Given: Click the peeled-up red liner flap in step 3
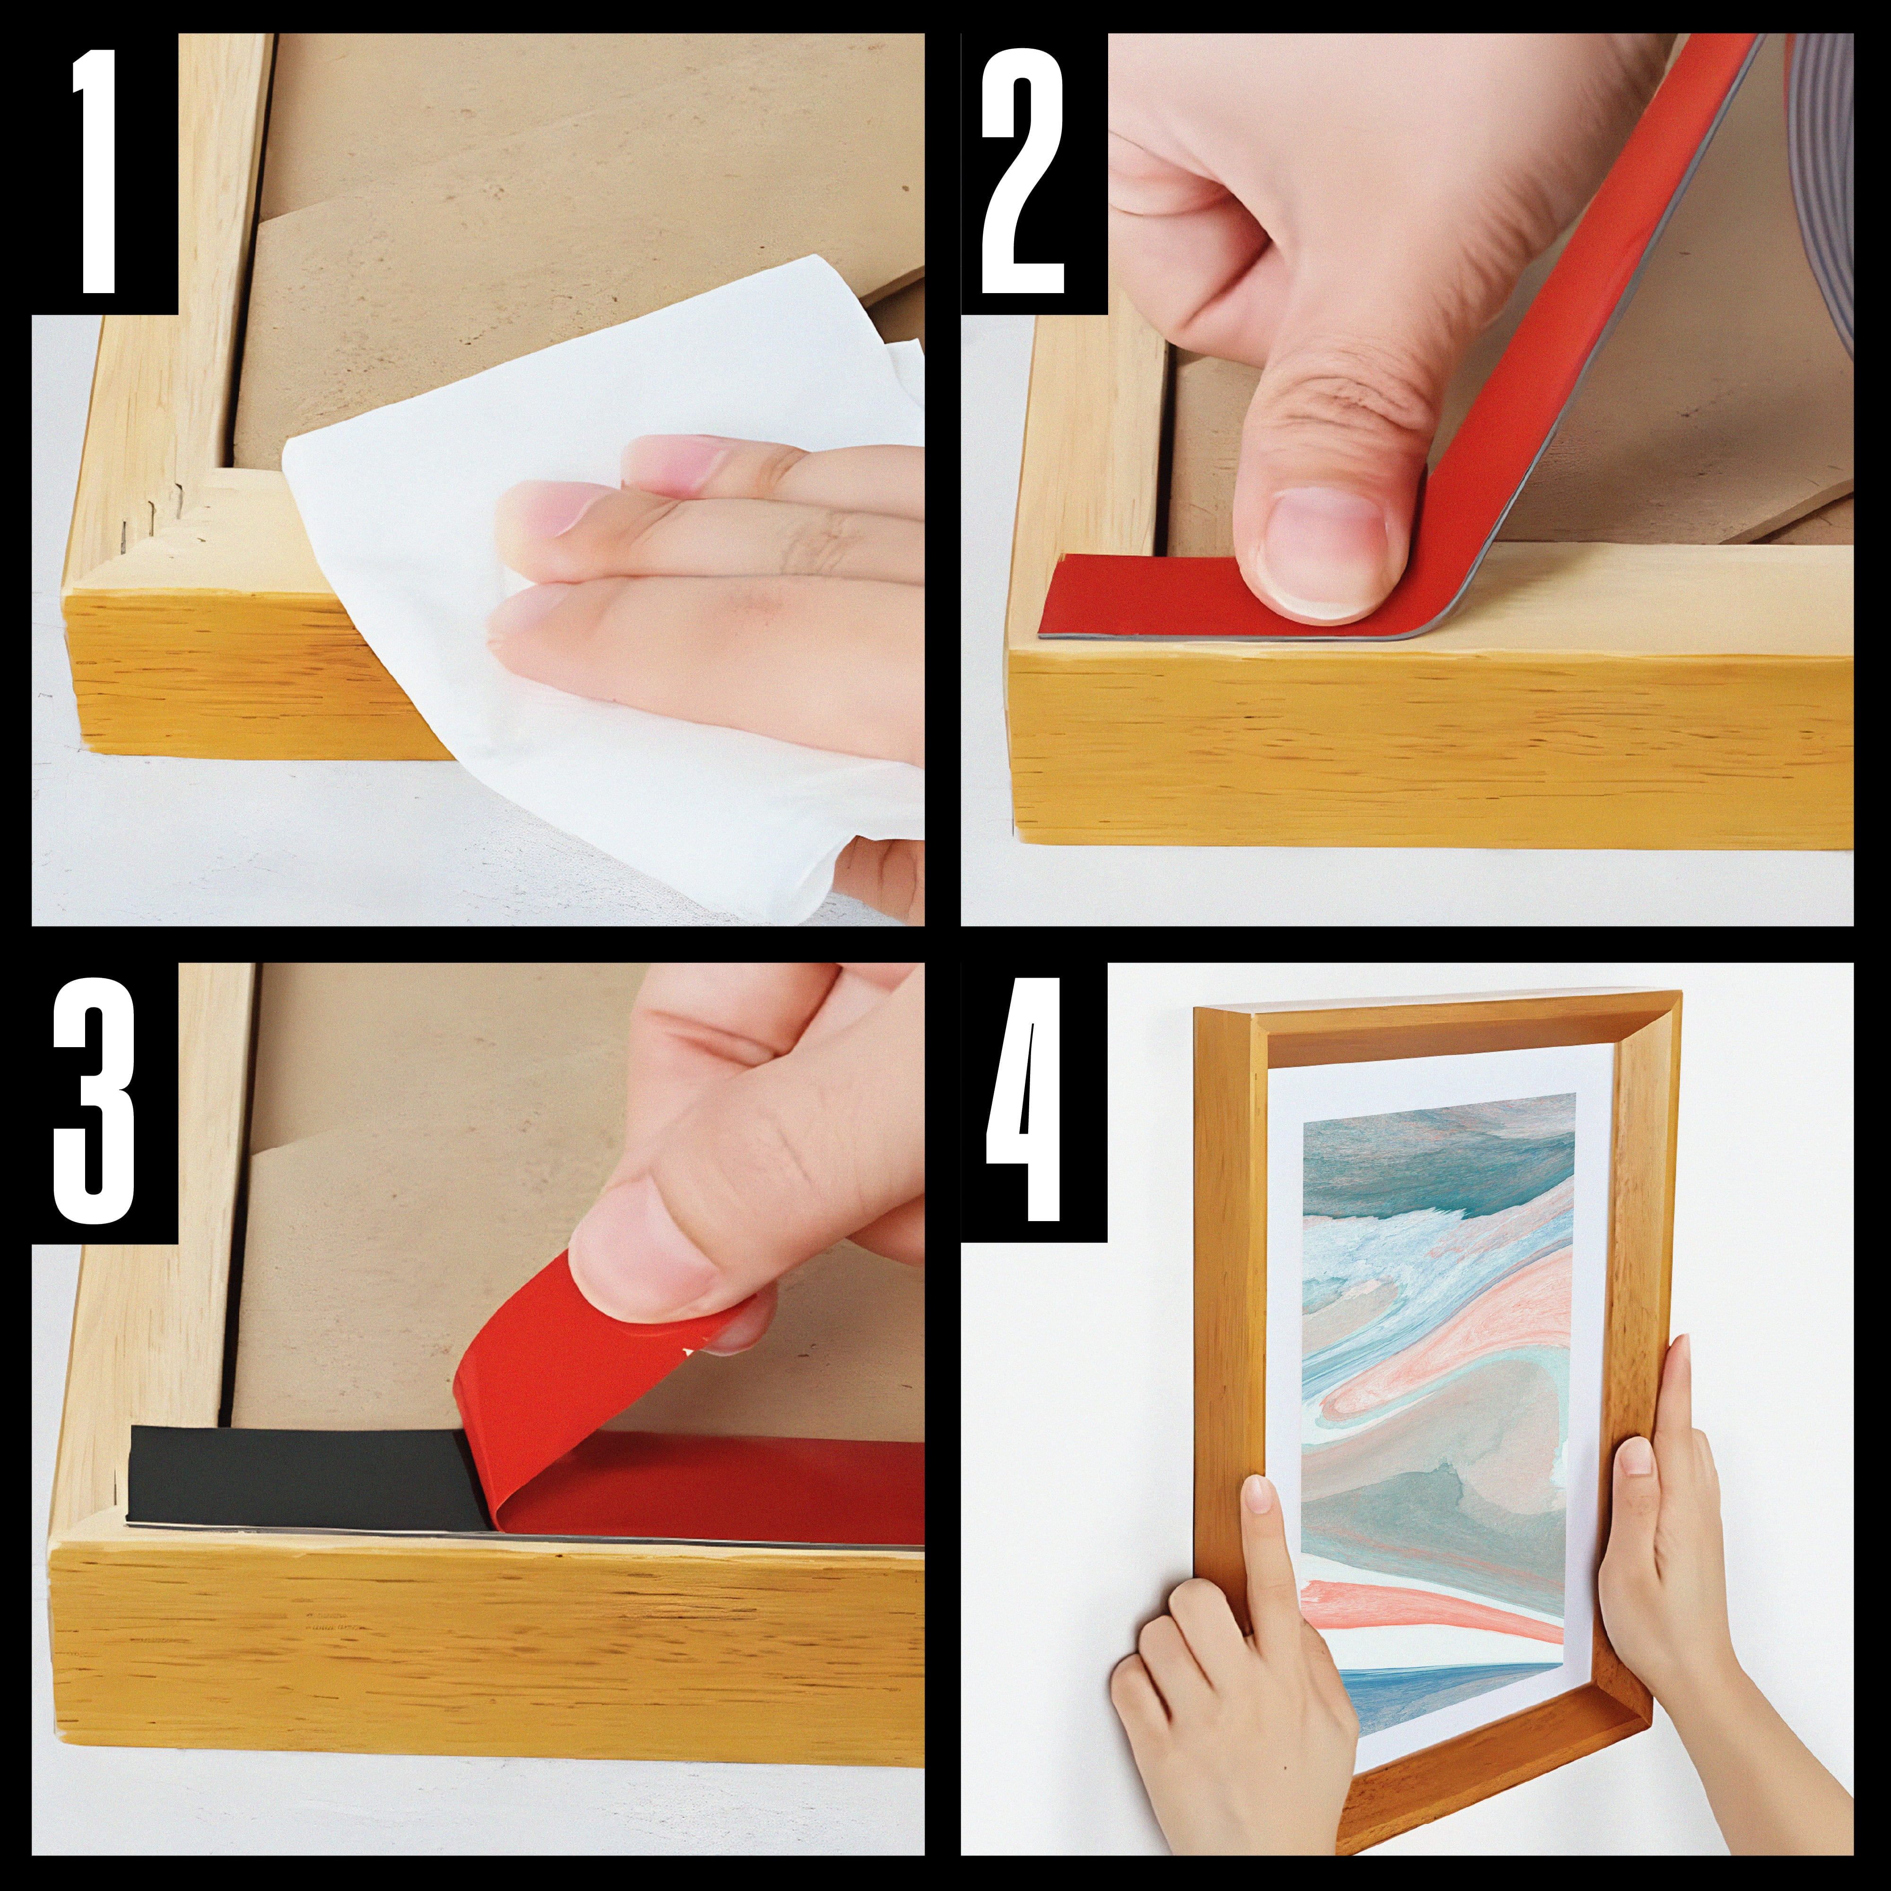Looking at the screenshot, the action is [597, 1390].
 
